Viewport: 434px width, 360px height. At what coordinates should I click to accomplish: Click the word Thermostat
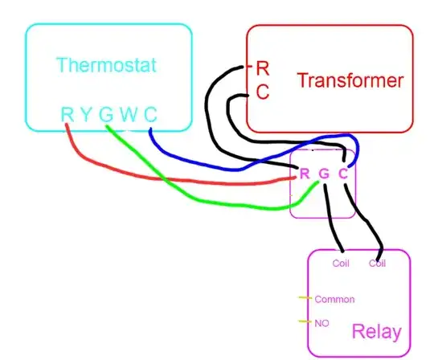(106, 65)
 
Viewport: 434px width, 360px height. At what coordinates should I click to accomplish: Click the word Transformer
(348, 80)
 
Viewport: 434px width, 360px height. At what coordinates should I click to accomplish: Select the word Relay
(375, 332)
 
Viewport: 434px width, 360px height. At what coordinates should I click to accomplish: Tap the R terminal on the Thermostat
(67, 115)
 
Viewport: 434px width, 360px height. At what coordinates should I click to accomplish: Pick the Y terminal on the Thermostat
(86, 115)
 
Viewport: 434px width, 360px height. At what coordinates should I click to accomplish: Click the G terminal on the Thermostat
(106, 115)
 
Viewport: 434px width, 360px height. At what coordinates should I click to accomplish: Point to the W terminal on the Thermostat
(128, 115)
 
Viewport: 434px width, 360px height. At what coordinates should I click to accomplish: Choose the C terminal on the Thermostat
(149, 115)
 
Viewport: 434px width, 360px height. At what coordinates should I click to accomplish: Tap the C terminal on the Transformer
(262, 92)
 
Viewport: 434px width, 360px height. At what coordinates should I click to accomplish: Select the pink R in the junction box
(305, 173)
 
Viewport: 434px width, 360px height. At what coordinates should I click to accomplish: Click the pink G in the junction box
(324, 173)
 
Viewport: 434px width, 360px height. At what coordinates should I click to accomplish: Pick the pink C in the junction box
(343, 173)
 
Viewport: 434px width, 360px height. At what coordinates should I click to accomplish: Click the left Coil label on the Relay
(341, 263)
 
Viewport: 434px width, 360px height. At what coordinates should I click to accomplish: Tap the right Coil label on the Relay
(378, 263)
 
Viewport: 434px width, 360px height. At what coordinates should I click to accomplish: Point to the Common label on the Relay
(334, 299)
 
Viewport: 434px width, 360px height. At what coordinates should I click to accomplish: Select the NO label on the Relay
(322, 322)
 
